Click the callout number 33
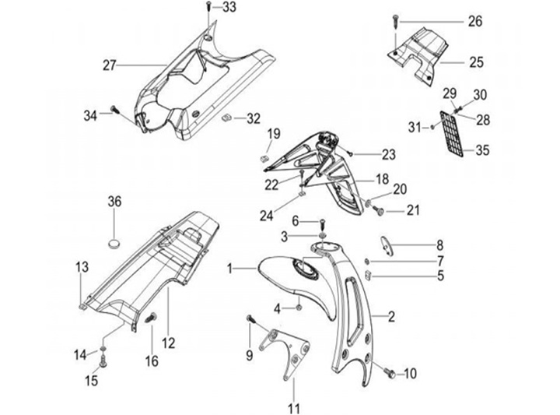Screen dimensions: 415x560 pos(230,8)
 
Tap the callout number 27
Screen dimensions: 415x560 pos(109,65)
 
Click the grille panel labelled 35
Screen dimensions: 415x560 pos(454,133)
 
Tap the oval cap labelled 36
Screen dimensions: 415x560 pos(115,242)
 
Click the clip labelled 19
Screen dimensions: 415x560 pos(264,157)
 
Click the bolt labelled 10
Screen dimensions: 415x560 pos(389,373)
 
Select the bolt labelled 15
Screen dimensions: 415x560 pos(103,360)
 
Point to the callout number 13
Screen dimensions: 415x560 pos(82,268)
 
